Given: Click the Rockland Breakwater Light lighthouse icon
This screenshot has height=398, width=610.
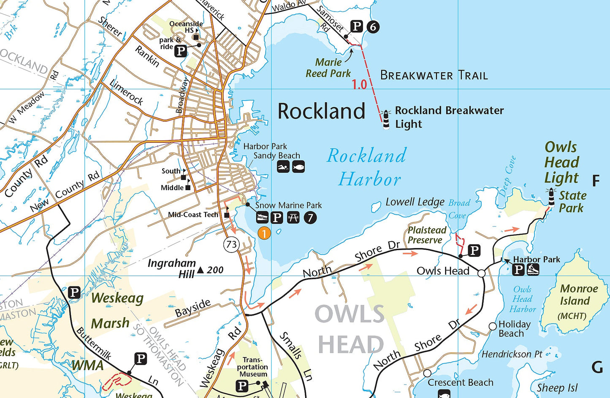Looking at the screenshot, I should point(386,119).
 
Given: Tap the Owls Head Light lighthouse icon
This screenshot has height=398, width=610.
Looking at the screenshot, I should point(551,197).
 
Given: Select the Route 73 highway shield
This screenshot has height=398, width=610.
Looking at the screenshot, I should point(232,244).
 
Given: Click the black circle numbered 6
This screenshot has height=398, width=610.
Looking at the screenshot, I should point(373,27).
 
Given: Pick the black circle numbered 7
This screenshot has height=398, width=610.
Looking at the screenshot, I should point(310,218).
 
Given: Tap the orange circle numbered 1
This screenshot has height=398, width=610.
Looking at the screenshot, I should point(264,233).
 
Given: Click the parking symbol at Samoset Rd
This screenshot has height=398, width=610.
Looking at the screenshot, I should point(357,27).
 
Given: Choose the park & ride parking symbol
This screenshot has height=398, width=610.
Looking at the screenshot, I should point(181,51).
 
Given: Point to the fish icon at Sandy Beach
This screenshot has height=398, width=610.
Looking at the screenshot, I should point(298,166).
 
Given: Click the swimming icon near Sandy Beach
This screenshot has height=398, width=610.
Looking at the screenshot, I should point(283,166).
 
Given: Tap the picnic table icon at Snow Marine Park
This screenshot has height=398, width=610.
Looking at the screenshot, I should point(293,218).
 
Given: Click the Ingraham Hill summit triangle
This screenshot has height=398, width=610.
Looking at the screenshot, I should point(201,270).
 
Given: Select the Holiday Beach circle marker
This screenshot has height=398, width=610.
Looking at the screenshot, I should point(493,326).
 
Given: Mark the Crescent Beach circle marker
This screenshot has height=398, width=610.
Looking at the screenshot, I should point(427,373).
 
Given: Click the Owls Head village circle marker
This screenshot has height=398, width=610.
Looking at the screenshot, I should point(481,273).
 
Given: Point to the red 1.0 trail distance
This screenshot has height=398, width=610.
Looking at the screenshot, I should point(359,85).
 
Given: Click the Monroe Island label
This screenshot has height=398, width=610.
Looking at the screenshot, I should point(579,295).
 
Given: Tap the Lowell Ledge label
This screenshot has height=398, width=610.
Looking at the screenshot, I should point(415,202).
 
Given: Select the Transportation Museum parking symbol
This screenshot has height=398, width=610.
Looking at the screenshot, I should point(242,385).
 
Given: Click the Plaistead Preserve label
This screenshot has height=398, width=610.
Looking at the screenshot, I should point(427,235).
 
